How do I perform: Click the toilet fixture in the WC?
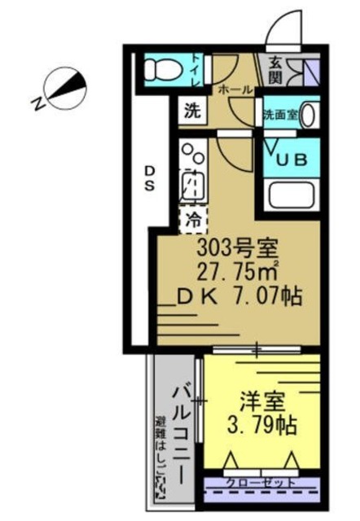(x=160, y=70)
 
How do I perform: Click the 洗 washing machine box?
(x=191, y=112)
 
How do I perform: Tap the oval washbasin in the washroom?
(x=309, y=115)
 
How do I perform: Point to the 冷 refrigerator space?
(x=194, y=218)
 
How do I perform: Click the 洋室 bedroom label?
(x=260, y=402)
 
